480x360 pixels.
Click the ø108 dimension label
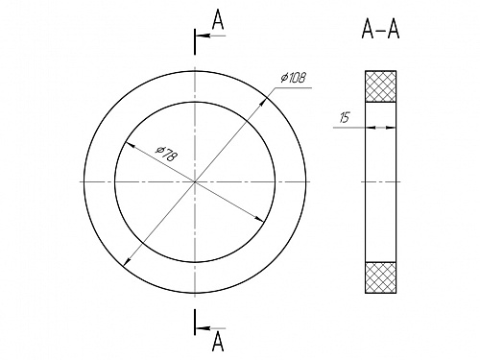pyautogui.click(x=294, y=78)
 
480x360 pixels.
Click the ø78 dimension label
pyautogui.click(x=166, y=154)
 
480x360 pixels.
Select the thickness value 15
pyautogui.click(x=345, y=117)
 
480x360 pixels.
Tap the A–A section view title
pyautogui.click(x=380, y=29)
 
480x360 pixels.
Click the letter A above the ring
pyautogui.click(x=218, y=19)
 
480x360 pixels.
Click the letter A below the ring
pyautogui.click(x=218, y=341)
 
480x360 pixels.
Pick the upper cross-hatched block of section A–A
pyautogui.click(x=381, y=86)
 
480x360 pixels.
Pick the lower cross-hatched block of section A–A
pyautogui.click(x=381, y=277)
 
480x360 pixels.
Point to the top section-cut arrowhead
pyautogui.click(x=204, y=36)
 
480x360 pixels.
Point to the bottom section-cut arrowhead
pyautogui.click(x=204, y=328)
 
